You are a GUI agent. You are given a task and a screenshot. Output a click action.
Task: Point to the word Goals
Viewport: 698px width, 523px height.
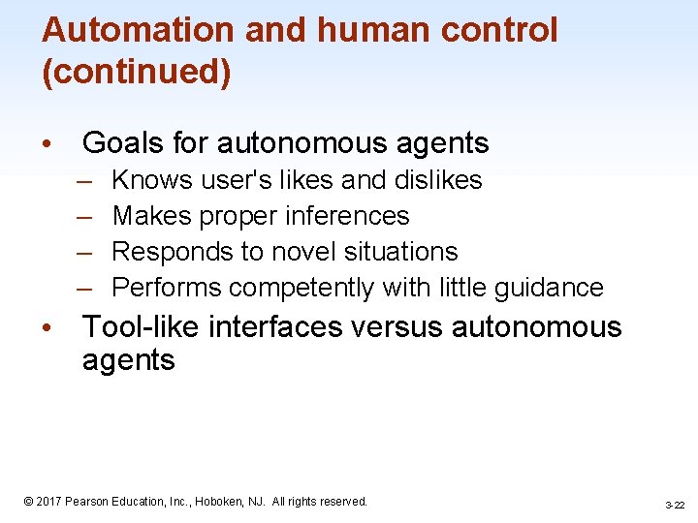123,143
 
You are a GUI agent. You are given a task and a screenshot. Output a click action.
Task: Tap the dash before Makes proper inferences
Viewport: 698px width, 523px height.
85,216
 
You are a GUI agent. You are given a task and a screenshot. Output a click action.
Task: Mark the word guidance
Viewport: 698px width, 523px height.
549,288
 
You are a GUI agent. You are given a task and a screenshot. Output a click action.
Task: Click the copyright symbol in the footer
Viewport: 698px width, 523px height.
29,502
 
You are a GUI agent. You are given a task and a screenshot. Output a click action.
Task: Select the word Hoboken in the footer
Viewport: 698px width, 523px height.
226,502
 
